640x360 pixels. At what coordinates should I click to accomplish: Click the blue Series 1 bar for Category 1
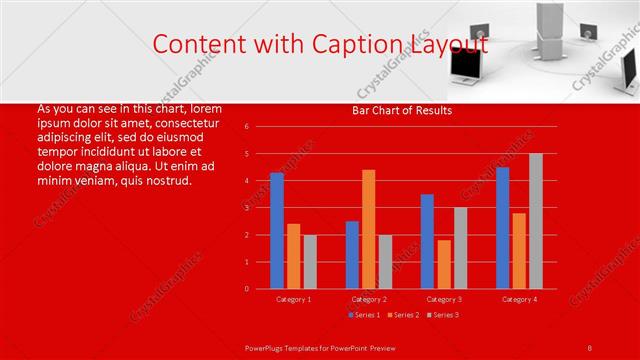(277, 231)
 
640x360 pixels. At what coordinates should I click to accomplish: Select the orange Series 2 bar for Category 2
(369, 229)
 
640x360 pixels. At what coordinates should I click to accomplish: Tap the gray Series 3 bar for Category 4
(536, 221)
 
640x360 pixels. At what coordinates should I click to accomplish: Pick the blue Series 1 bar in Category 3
(427, 241)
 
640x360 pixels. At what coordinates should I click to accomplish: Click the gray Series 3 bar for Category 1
(310, 262)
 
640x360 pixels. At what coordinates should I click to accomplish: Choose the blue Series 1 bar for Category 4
(502, 228)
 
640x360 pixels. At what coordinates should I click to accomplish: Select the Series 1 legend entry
(364, 315)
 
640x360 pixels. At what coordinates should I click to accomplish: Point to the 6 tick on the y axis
(246, 127)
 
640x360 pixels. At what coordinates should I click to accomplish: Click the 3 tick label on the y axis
(246, 208)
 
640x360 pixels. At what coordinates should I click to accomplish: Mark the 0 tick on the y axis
(246, 289)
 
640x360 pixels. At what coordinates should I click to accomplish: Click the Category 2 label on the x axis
(369, 299)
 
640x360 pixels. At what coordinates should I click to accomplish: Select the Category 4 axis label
(519, 299)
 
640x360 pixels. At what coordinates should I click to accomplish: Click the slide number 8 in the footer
(590, 347)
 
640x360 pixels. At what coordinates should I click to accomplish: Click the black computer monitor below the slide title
(467, 66)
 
